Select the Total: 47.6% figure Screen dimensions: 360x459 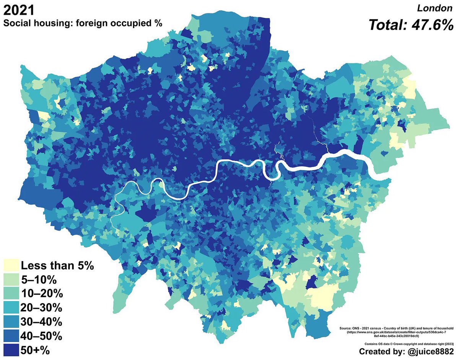click(x=411, y=25)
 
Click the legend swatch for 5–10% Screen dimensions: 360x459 click(x=11, y=280)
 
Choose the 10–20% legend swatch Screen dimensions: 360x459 click(x=11, y=294)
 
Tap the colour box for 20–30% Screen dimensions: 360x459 click(x=11, y=308)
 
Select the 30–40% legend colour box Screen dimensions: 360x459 click(x=11, y=322)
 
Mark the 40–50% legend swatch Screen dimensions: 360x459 click(x=11, y=336)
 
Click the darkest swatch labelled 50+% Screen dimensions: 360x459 click(x=11, y=350)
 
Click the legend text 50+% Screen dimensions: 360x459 click(x=35, y=350)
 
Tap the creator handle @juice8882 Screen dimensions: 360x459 click(x=428, y=351)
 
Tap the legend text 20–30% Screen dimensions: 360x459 click(x=41, y=308)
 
